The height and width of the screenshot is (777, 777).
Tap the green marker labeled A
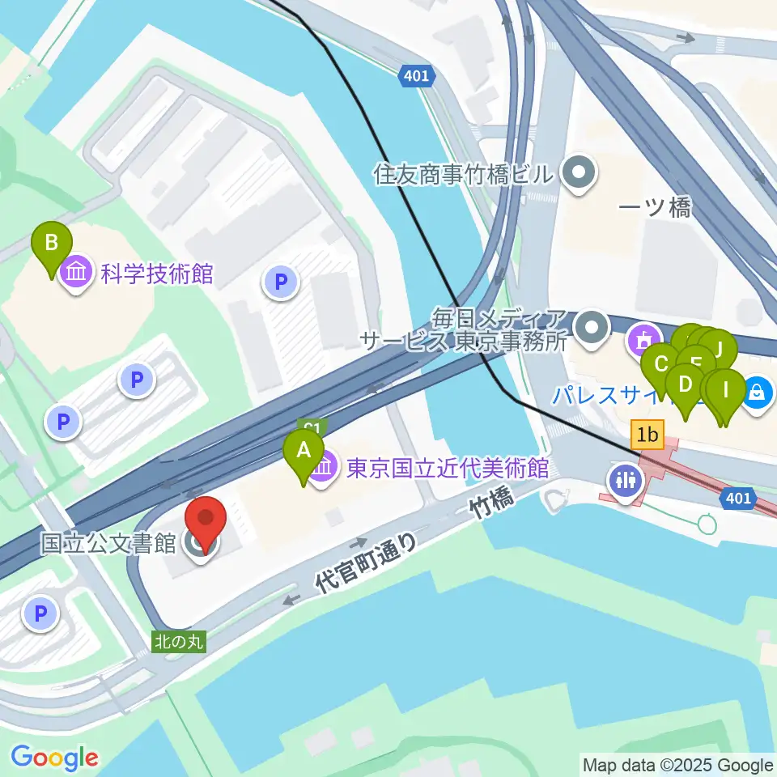(x=304, y=451)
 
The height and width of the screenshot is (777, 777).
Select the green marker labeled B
(x=51, y=243)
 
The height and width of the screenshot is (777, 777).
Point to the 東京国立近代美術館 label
(x=448, y=468)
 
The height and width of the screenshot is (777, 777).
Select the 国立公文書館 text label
(x=108, y=542)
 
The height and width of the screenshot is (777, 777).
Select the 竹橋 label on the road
(x=492, y=508)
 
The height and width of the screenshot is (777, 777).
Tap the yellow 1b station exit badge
(x=647, y=436)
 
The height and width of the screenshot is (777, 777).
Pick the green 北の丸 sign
(x=179, y=641)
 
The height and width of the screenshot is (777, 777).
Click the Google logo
(x=55, y=758)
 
